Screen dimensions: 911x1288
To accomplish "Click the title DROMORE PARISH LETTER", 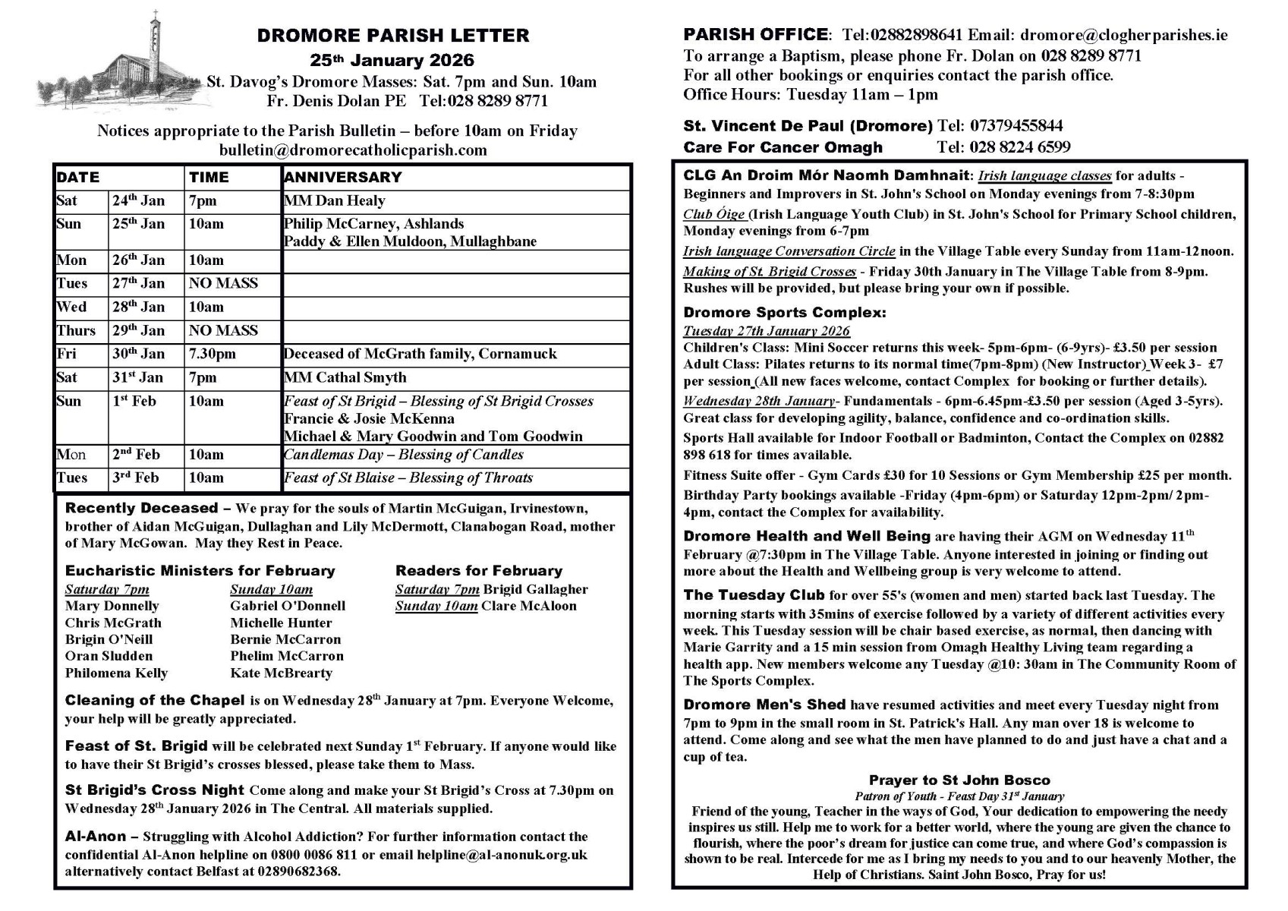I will pyautogui.click(x=392, y=36).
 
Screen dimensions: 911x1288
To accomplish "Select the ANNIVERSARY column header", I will pyautogui.click(x=342, y=178).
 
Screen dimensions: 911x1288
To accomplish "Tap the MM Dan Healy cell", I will pyautogui.click(x=334, y=201).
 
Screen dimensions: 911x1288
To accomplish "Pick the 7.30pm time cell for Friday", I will pyautogui.click(x=213, y=355).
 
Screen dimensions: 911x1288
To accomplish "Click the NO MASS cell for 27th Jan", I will pyautogui.click(x=223, y=284).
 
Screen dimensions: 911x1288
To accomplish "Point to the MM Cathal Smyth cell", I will pyautogui.click(x=345, y=378).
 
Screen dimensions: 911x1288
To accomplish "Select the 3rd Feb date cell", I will pyautogui.click(x=136, y=478).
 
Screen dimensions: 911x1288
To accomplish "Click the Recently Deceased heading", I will pyautogui.click(x=141, y=509).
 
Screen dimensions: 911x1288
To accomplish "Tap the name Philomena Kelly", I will pyautogui.click(x=116, y=673).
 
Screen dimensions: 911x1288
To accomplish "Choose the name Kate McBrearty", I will pyautogui.click(x=281, y=673).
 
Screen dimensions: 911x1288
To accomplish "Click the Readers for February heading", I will pyautogui.click(x=478, y=571).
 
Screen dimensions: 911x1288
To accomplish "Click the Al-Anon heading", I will pyautogui.click(x=96, y=837).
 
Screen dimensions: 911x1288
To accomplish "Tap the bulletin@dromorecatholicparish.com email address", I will pyautogui.click(x=353, y=150).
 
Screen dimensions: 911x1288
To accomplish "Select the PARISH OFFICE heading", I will pyautogui.click(x=755, y=35).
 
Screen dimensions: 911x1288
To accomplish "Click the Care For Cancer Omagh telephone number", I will pyautogui.click(x=1003, y=147).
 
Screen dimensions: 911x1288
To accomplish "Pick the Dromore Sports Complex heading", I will pyautogui.click(x=784, y=313).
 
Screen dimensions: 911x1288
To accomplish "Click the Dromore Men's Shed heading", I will pyautogui.click(x=764, y=705).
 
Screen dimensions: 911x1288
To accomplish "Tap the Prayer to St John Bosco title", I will pyautogui.click(x=959, y=780).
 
